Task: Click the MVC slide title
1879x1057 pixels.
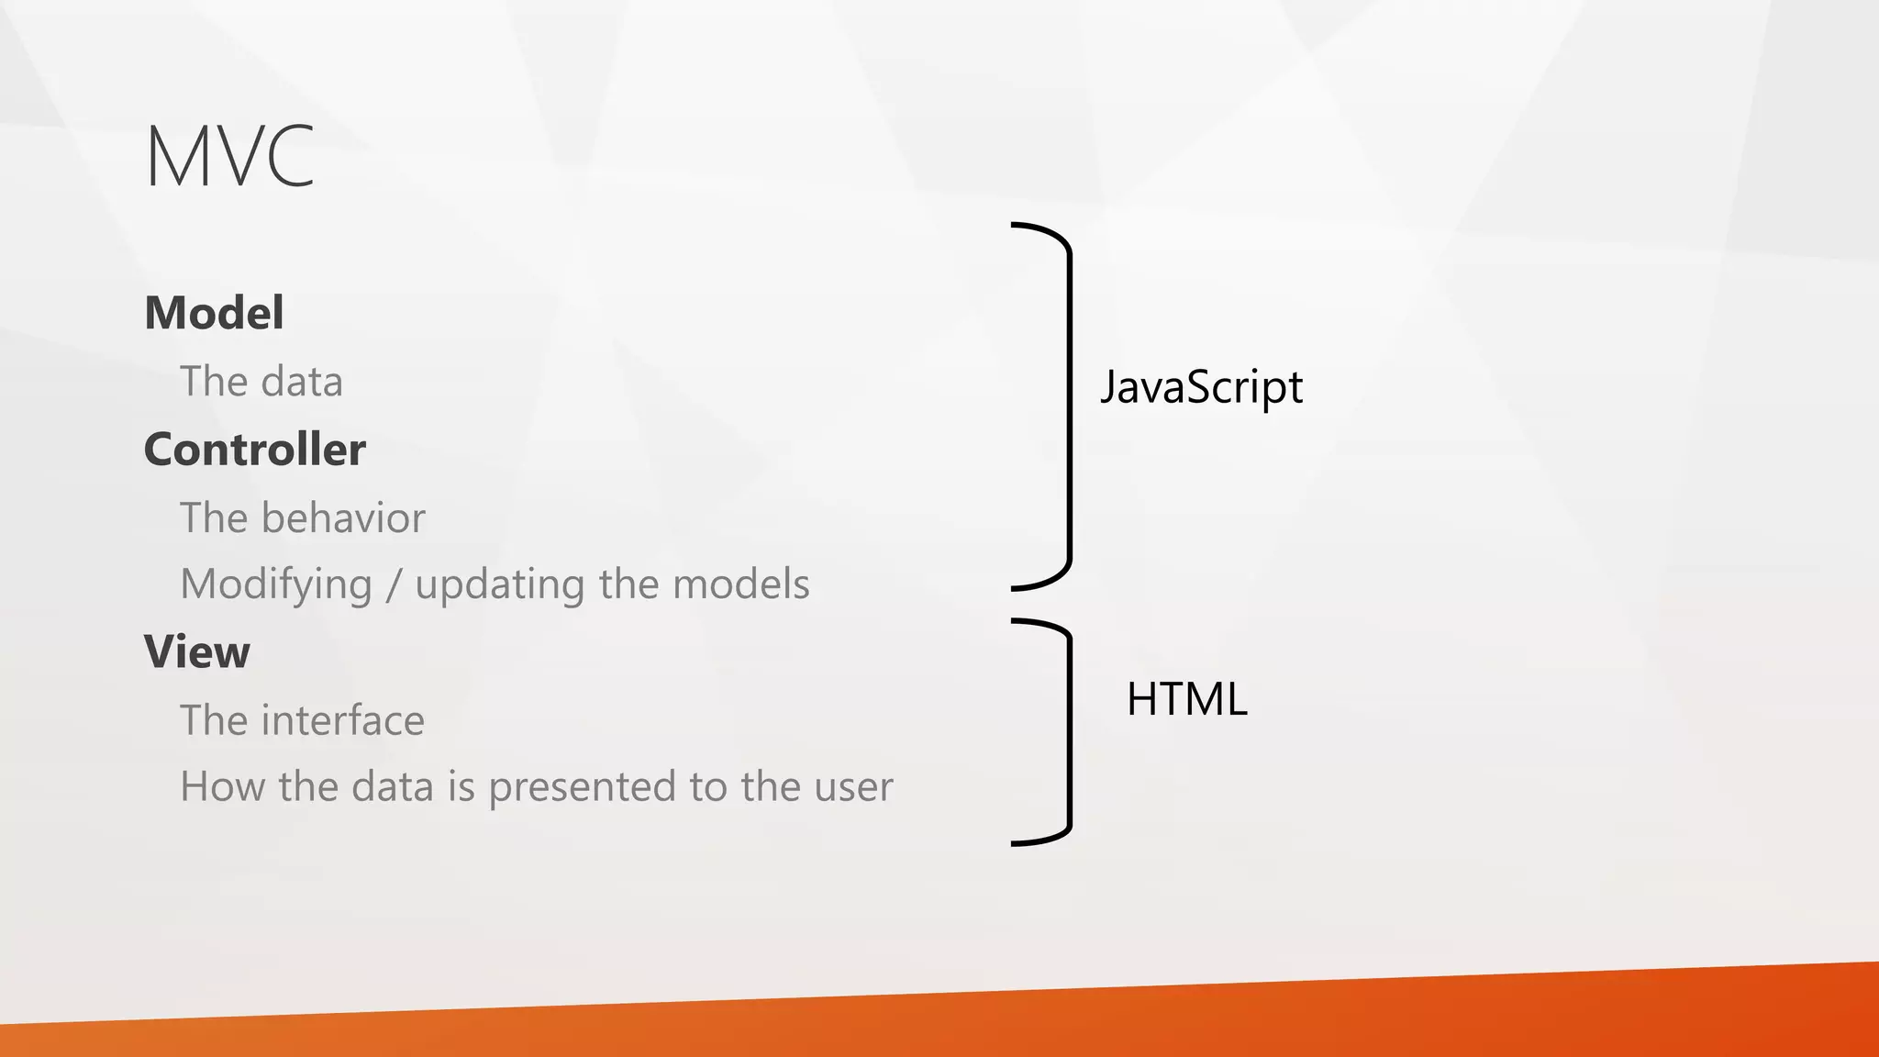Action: pos(229,157)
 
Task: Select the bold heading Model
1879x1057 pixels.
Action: pos(214,313)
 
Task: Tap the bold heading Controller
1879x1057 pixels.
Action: pos(254,450)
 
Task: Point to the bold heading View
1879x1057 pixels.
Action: pos(196,652)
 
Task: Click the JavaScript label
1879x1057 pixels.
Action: pos(1201,386)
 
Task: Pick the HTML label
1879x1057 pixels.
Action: pos(1186,699)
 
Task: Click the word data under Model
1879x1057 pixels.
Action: pos(301,382)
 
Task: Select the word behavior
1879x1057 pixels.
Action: pos(343,518)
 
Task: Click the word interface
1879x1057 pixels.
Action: pos(343,721)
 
